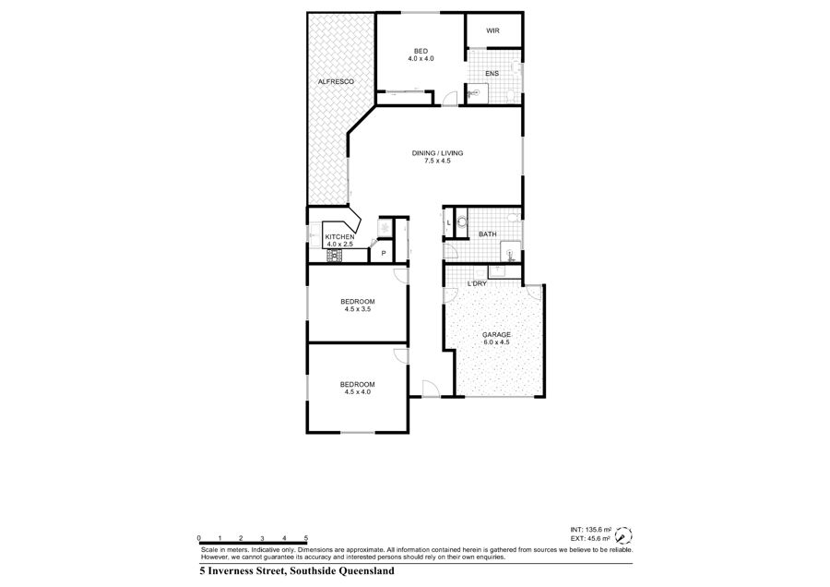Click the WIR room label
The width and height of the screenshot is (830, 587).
492,30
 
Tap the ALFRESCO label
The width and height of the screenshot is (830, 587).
336,81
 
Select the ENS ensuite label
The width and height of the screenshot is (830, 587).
492,74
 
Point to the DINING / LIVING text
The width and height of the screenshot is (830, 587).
437,153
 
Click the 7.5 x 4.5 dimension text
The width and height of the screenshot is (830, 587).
437,161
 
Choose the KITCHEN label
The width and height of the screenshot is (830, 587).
339,237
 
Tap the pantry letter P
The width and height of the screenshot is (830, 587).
384,254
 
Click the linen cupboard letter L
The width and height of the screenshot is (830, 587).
449,223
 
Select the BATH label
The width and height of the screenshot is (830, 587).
488,234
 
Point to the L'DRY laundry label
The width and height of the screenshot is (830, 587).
477,284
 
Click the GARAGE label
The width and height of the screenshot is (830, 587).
496,335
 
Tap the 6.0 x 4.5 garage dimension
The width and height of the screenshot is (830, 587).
496,342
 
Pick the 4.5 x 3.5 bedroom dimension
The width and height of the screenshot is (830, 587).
357,309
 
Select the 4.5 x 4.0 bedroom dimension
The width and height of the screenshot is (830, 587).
357,392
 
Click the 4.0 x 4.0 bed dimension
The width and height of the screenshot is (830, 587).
421,59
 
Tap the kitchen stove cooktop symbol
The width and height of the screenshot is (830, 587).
335,257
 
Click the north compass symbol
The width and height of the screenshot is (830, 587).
624,534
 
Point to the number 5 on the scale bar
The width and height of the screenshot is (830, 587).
306,538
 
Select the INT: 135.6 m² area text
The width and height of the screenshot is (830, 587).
591,529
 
